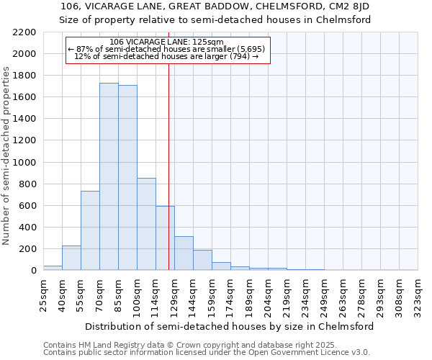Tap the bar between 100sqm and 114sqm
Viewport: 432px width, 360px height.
tap(146, 224)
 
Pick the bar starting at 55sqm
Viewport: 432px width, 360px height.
tap(90, 230)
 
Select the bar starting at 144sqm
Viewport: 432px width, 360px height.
tap(202, 260)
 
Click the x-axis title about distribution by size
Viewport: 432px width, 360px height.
tap(230, 326)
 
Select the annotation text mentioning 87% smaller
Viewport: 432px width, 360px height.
tap(167, 49)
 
